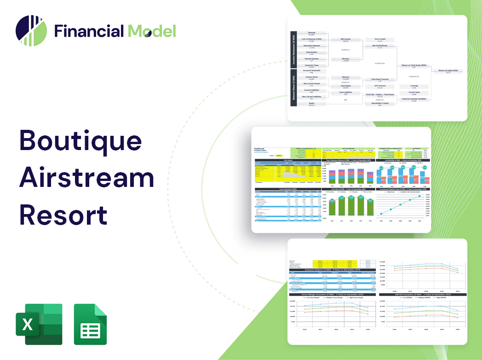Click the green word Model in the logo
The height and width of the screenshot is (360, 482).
click(x=152, y=31)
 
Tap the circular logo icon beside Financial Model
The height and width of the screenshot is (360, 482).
click(x=31, y=31)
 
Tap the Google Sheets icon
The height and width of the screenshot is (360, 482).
click(x=90, y=324)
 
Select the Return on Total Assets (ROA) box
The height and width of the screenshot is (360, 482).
click(x=413, y=66)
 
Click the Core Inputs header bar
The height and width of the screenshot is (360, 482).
click(x=287, y=161)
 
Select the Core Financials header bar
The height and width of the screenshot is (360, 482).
click(x=287, y=189)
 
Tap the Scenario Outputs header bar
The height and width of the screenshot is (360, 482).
click(x=331, y=270)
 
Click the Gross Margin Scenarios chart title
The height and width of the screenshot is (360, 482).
click(x=331, y=294)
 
